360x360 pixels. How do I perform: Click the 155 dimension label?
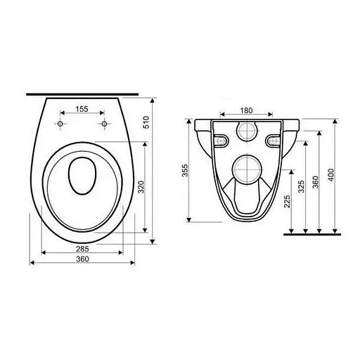[x=82, y=109]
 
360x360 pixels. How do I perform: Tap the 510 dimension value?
[x=146, y=122]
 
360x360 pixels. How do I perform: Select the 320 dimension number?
[x=141, y=187]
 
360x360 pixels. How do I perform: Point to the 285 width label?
[x=82, y=249]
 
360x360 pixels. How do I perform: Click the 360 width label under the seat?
[x=82, y=259]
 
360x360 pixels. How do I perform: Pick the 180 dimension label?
[x=246, y=110]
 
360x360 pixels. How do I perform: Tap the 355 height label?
[x=185, y=170]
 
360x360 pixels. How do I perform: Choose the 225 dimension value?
[x=287, y=201]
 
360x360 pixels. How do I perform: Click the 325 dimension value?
[x=301, y=186]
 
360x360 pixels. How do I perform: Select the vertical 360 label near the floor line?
[x=316, y=182]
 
